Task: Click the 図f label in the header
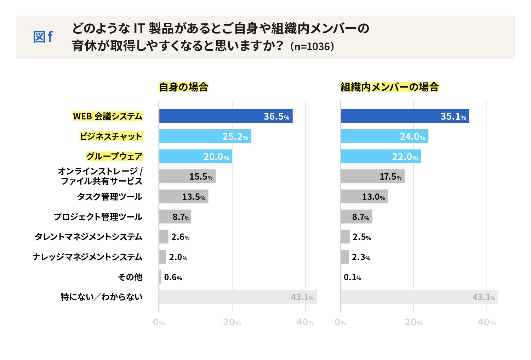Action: pyautogui.click(x=43, y=37)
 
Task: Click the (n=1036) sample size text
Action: pyautogui.click(x=312, y=47)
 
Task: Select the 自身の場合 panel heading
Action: pyautogui.click(x=183, y=87)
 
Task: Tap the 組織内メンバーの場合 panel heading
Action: pyautogui.click(x=389, y=87)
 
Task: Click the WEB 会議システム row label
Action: pyautogui.click(x=108, y=116)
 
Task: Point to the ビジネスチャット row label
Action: pyautogui.click(x=111, y=136)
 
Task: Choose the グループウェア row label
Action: pyautogui.click(x=114, y=156)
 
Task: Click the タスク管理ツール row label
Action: pyautogui.click(x=110, y=197)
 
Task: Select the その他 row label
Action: pyautogui.click(x=130, y=277)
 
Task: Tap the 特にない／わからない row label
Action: pyautogui.click(x=102, y=297)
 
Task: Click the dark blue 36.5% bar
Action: pyautogui.click(x=225, y=116)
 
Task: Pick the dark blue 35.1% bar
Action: pyautogui.click(x=405, y=116)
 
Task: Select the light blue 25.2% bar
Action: pyautogui.click(x=205, y=136)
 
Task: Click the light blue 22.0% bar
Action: pyautogui.click(x=381, y=156)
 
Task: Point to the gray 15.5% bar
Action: pyautogui.click(x=187, y=176)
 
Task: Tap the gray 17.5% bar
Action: pyautogui.click(x=372, y=176)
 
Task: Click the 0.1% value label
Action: pyautogui.click(x=352, y=277)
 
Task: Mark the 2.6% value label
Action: pyautogui.click(x=180, y=237)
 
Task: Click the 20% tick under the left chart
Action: pyautogui.click(x=232, y=322)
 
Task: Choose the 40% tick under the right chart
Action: pyautogui.click(x=487, y=322)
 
